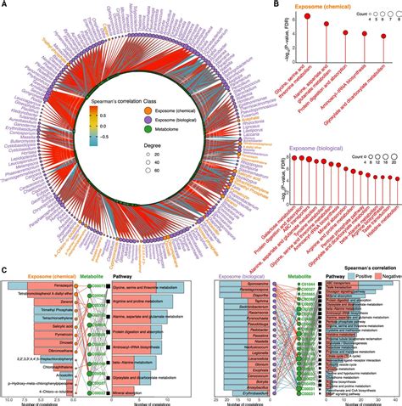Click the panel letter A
[x=5, y=6]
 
